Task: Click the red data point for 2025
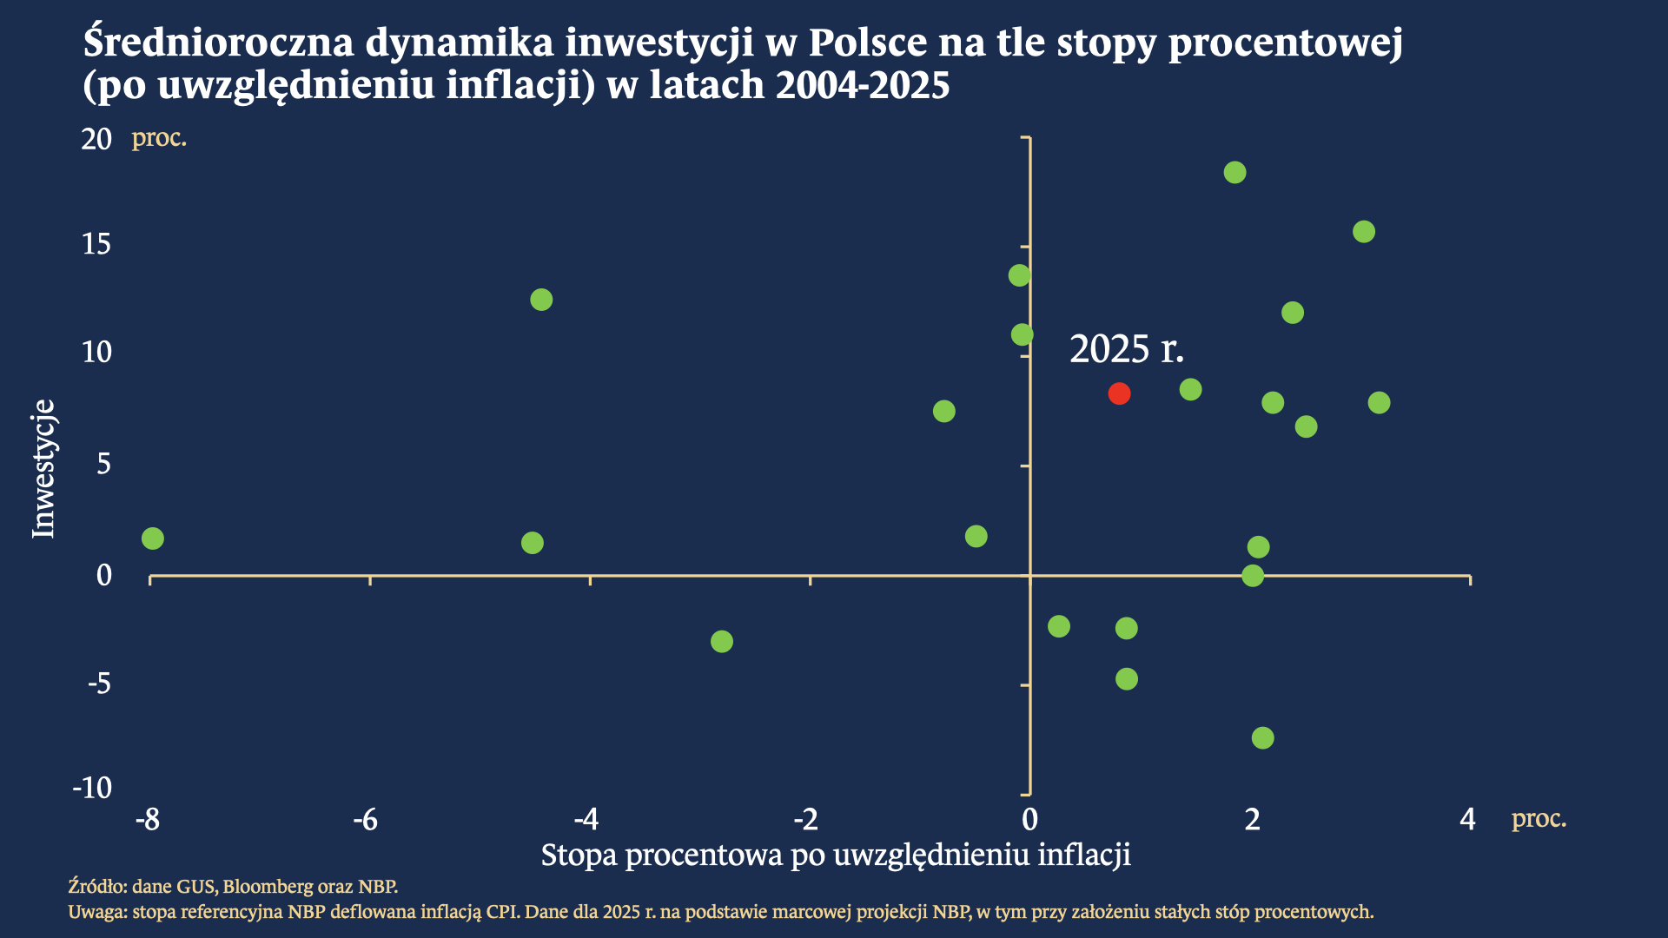(x=1119, y=393)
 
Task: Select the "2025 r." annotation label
(x=1127, y=349)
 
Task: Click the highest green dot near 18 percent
(x=1234, y=173)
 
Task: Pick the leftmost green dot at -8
(x=153, y=538)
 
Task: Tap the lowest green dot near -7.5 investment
(x=1262, y=738)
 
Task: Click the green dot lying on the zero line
(x=1253, y=576)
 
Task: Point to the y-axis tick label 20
(x=96, y=139)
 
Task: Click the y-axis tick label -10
(x=93, y=788)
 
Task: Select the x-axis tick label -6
(x=366, y=819)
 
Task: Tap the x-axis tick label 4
(x=1467, y=819)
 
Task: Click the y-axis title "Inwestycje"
(x=43, y=469)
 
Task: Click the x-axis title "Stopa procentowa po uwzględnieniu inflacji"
(x=836, y=855)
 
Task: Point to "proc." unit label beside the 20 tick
(x=159, y=138)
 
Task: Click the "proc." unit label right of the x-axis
(x=1539, y=818)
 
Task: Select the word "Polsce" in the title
(x=868, y=42)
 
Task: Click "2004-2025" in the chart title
(x=863, y=85)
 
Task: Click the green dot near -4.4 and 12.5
(x=541, y=300)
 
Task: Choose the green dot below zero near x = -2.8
(x=722, y=642)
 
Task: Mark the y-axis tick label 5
(x=104, y=464)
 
